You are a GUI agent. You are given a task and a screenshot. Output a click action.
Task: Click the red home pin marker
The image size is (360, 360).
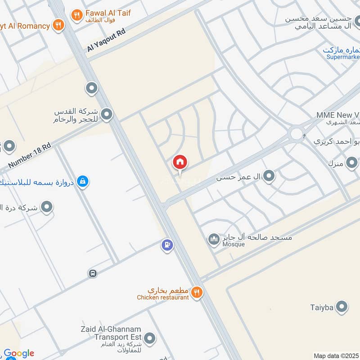pos(180,162)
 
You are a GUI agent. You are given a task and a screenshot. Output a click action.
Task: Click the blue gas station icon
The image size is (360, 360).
pos(167,245)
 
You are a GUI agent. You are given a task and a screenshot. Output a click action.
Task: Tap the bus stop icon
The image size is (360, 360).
pos(93,273)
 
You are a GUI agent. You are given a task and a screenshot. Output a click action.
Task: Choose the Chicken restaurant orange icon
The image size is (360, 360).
pos(196,293)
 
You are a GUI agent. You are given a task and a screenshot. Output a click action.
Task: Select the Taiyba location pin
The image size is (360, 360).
pos(342,307)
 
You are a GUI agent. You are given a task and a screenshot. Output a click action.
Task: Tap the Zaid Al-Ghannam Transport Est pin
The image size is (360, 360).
pos(149,338)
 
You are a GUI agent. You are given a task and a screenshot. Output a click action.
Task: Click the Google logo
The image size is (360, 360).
pos(19,354)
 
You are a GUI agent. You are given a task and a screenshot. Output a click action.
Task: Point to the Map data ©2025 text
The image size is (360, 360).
pos(336,356)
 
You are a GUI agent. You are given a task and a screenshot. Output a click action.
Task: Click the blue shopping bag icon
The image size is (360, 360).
pos(82,181)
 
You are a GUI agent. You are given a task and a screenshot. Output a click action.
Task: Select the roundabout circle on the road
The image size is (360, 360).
pos(297,133)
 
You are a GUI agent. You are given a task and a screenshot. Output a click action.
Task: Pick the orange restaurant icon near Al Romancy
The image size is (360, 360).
pos(58,25)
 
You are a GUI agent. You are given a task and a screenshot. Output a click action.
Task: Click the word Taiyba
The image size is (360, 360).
pos(322,308)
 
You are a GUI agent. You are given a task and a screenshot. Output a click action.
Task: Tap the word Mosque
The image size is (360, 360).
pos(234,244)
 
